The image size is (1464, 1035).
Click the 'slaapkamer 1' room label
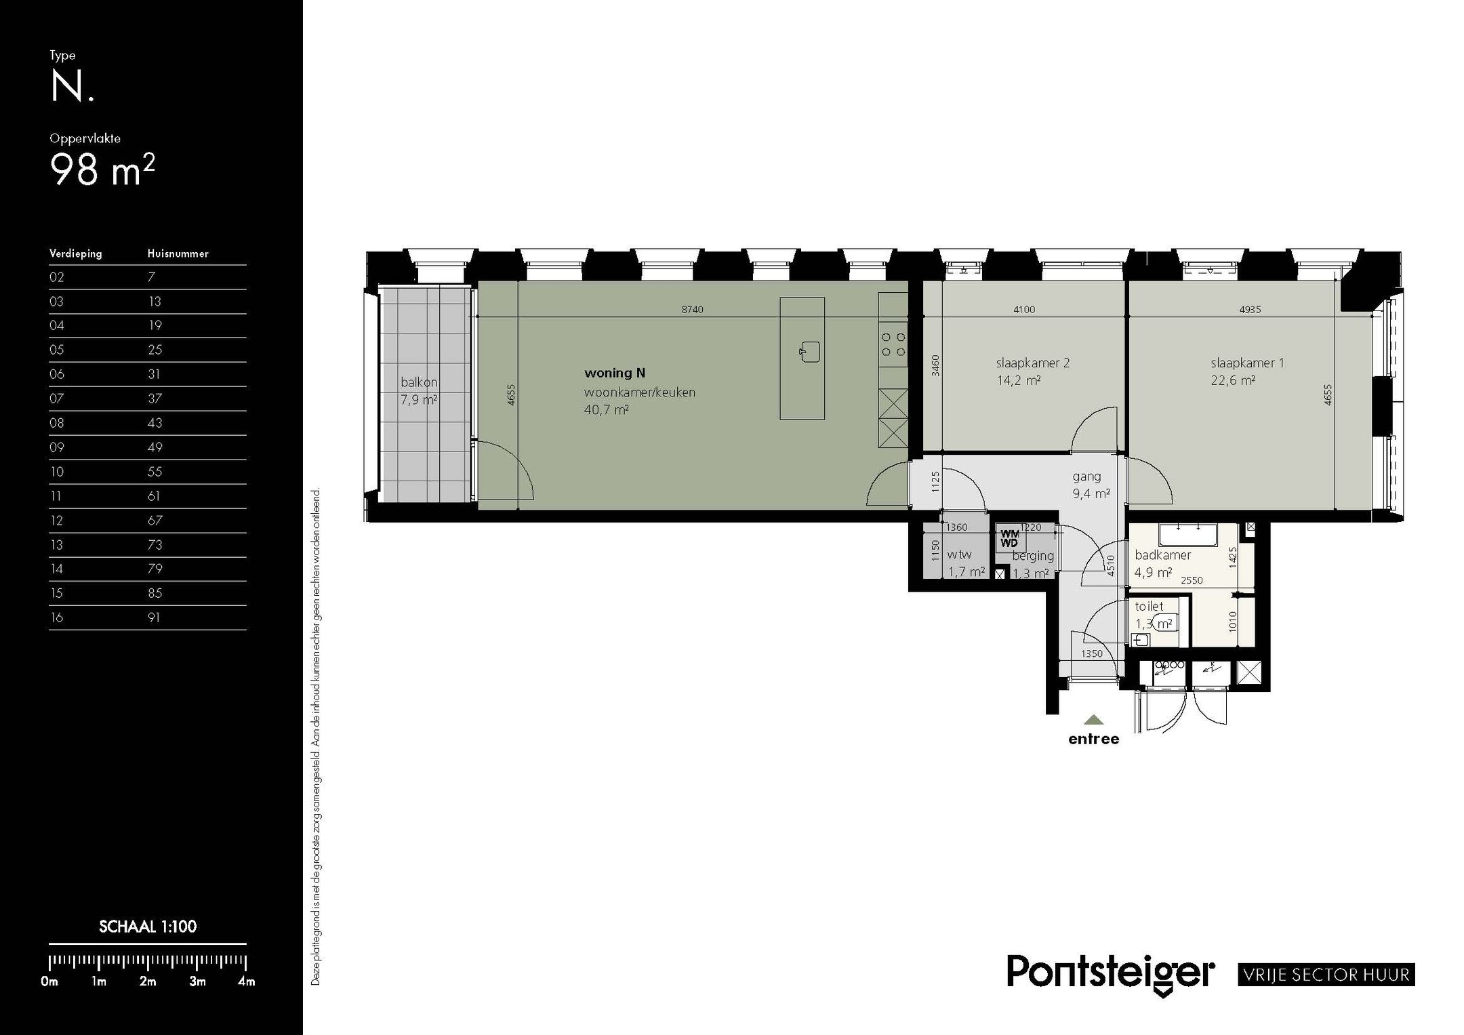pyautogui.click(x=1247, y=363)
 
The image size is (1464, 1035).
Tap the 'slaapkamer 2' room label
pyautogui.click(x=1032, y=363)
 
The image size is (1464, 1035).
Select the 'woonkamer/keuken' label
pyautogui.click(x=639, y=392)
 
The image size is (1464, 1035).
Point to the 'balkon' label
pyautogui.click(x=419, y=382)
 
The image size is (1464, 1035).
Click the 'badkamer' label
pyautogui.click(x=1162, y=555)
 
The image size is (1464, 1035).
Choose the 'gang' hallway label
pyautogui.click(x=1086, y=477)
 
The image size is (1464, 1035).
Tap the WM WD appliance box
pyautogui.click(x=1010, y=539)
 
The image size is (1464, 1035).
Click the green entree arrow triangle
pyautogui.click(x=1093, y=720)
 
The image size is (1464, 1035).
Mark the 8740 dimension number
pyautogui.click(x=692, y=310)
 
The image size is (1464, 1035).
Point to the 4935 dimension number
pyautogui.click(x=1250, y=310)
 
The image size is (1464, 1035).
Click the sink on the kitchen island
pyautogui.click(x=809, y=352)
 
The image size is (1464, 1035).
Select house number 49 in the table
pyautogui.click(x=155, y=447)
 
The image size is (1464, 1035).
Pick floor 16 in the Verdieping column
pyautogui.click(x=56, y=617)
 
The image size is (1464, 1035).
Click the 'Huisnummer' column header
pyautogui.click(x=178, y=253)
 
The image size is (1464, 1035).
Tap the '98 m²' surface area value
pyautogui.click(x=102, y=169)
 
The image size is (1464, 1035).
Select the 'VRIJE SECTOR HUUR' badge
pyautogui.click(x=1326, y=975)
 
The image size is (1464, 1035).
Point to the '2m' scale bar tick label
pyautogui.click(x=148, y=981)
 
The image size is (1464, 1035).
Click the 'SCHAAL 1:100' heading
pyautogui.click(x=148, y=927)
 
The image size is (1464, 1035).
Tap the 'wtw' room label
pyautogui.click(x=959, y=554)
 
